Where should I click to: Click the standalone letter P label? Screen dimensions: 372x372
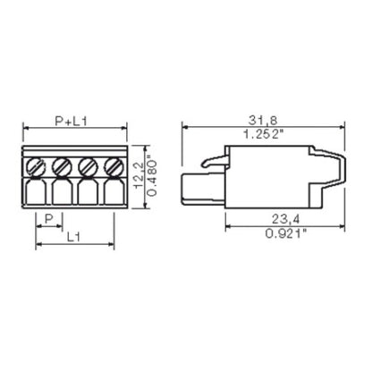pos(47,218)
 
